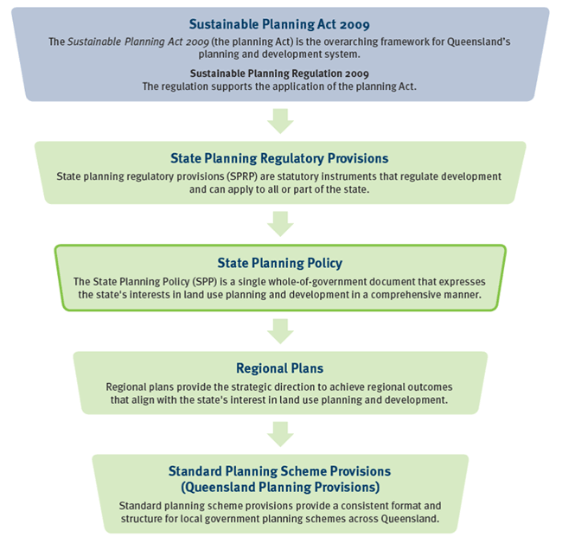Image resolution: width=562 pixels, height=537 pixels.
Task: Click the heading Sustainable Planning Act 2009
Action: point(279,24)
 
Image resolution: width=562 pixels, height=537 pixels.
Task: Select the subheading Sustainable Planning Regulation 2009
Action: point(279,74)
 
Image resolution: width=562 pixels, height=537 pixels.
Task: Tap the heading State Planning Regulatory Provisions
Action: point(279,158)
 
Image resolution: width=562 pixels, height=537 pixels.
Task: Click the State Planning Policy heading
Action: point(279,263)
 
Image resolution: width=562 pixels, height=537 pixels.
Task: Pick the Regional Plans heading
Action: point(279,368)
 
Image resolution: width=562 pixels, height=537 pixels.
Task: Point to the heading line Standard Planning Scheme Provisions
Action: point(279,471)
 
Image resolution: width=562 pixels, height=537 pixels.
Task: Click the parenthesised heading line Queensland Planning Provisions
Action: point(280,487)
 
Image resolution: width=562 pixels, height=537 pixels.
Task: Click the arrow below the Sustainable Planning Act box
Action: point(280,121)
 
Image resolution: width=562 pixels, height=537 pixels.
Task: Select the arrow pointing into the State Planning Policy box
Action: point(280,224)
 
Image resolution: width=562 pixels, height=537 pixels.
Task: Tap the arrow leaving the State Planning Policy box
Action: point(280,331)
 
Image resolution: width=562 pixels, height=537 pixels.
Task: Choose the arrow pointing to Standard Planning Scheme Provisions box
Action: point(280,434)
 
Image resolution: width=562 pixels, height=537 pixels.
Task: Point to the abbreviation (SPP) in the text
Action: point(205,282)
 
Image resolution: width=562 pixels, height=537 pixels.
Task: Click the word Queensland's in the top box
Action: point(478,42)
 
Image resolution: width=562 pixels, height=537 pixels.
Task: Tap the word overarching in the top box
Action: point(350,42)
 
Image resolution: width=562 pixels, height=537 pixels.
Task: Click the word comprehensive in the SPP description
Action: point(406,295)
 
